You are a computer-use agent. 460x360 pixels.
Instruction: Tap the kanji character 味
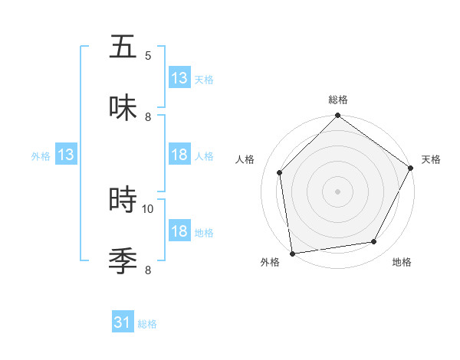coord(123,107)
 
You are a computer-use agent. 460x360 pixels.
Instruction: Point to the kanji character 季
coord(123,260)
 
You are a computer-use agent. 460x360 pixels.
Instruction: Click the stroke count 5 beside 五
coord(148,56)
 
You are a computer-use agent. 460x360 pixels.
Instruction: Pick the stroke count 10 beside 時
coord(148,208)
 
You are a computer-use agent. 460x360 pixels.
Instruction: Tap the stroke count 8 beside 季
coord(148,270)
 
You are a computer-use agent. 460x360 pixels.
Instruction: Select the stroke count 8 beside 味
coord(148,117)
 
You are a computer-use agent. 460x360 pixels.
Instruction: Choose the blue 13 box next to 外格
coord(66,155)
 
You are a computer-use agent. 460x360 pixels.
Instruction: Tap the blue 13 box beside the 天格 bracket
coord(179,78)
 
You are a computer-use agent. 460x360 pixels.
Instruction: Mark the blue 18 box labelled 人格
coord(179,155)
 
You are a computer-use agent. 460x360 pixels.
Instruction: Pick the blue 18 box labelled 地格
coord(179,232)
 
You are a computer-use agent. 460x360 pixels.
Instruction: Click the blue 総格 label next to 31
coord(147,324)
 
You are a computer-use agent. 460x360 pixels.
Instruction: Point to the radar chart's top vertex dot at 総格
coord(337,116)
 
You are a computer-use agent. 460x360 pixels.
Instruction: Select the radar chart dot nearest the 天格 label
coord(410,169)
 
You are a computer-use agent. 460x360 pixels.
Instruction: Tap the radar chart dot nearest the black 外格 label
coord(292,253)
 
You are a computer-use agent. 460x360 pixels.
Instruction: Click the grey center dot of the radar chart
coord(337,191)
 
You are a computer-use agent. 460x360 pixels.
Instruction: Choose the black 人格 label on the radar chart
coord(245,159)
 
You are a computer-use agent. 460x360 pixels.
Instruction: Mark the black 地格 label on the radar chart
coord(402,263)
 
